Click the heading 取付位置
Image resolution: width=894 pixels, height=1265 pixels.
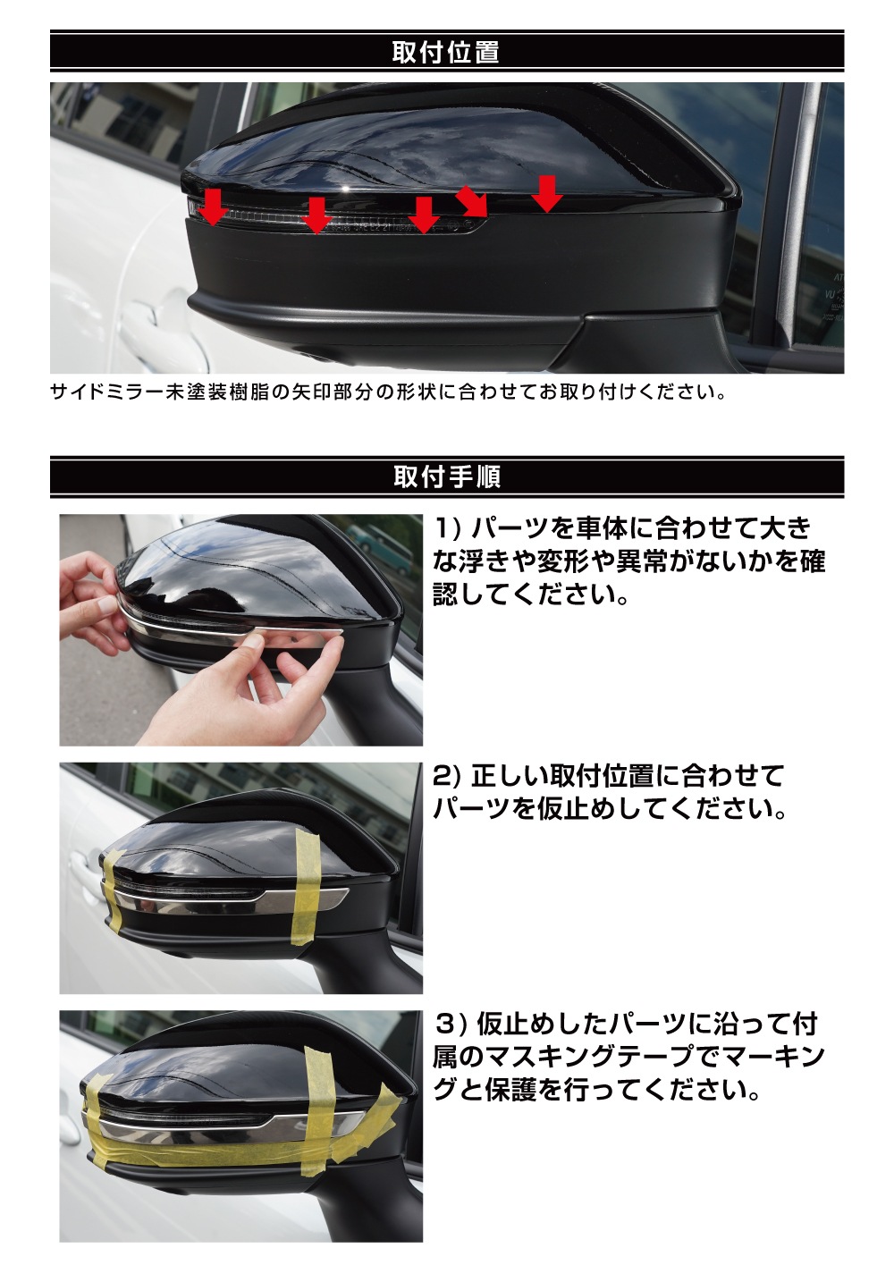[x=445, y=52]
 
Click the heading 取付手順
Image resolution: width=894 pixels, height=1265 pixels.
[x=447, y=476]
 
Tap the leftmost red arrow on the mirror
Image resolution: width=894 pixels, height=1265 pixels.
[x=213, y=207]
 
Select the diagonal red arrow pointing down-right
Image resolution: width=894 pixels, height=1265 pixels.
[x=472, y=200]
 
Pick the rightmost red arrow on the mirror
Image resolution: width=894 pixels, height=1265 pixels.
[x=547, y=194]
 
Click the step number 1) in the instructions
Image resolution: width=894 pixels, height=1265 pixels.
[x=448, y=528]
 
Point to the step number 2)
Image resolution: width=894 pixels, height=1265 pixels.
[x=448, y=777]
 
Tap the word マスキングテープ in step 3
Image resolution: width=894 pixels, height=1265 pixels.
[x=586, y=1058]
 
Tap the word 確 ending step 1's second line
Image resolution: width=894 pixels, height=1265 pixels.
[x=812, y=561]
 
